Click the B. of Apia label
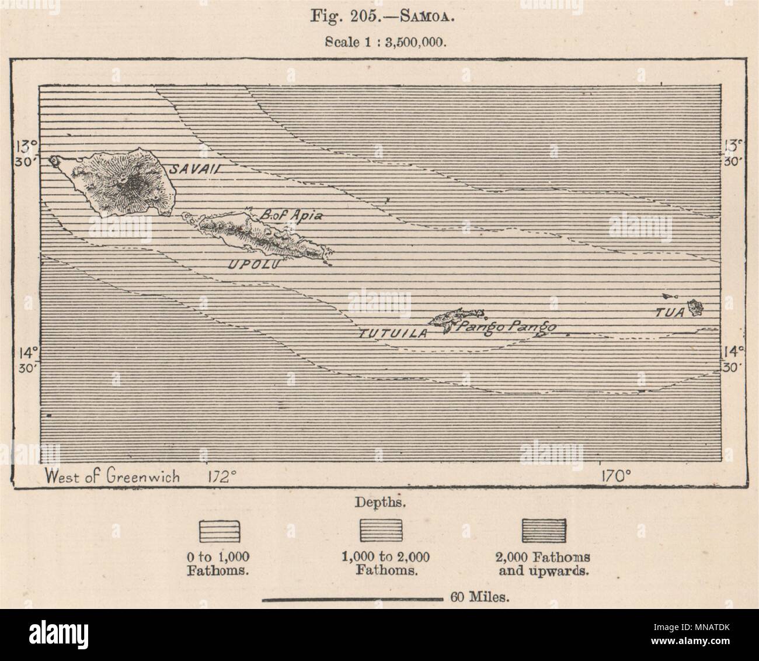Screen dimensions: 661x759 point(291,214)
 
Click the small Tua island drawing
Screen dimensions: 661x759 point(694,307)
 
